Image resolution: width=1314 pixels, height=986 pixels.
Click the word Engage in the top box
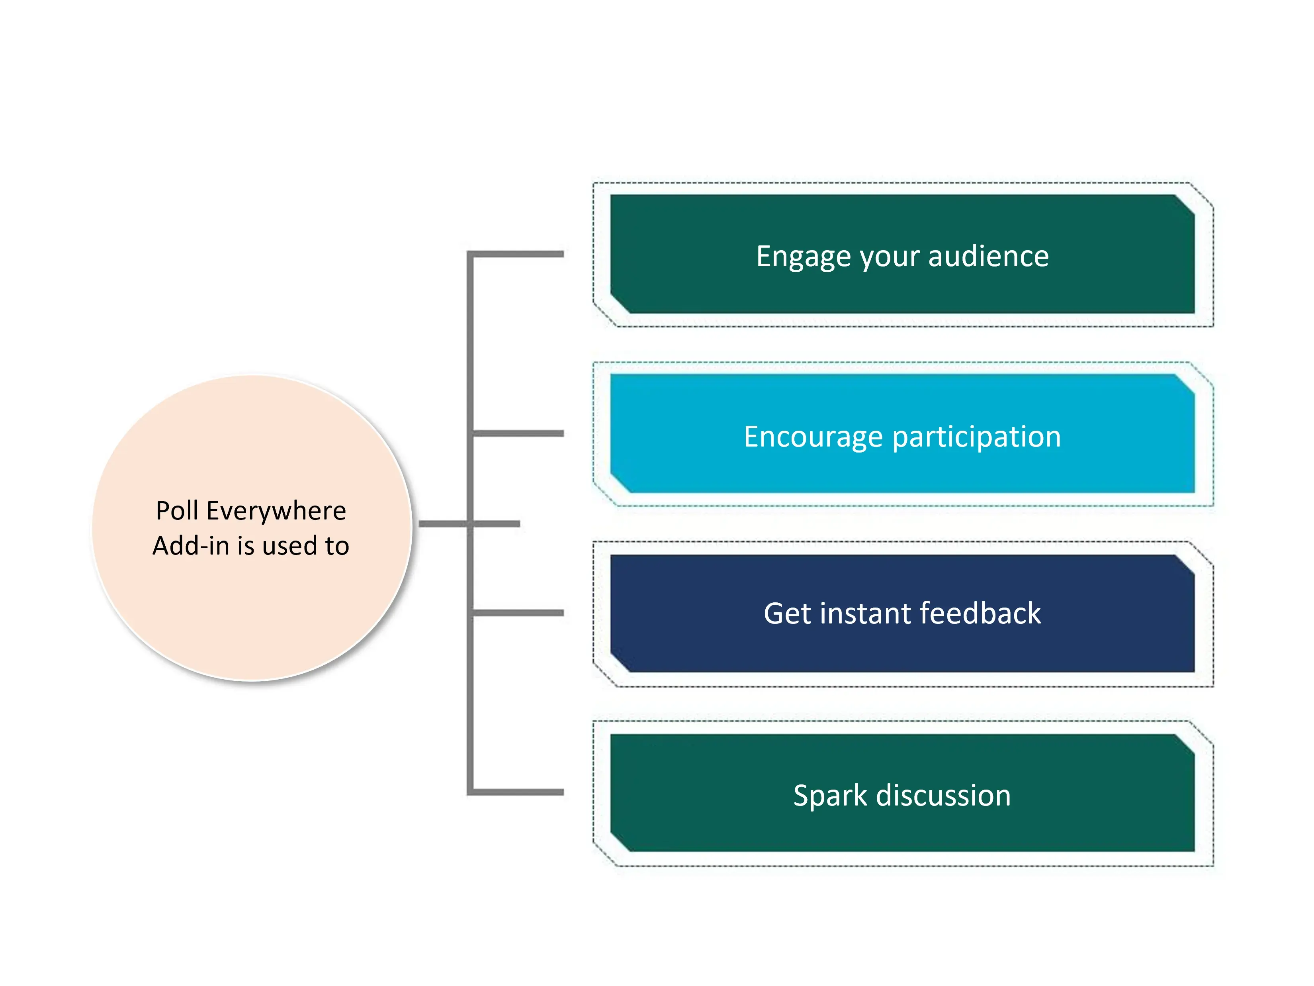point(804,258)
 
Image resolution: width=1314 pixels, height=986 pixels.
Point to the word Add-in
point(191,546)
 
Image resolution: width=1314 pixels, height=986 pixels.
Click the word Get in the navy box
point(787,614)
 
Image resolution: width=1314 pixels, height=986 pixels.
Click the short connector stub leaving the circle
point(469,523)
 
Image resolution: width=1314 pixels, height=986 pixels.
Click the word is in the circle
point(246,546)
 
